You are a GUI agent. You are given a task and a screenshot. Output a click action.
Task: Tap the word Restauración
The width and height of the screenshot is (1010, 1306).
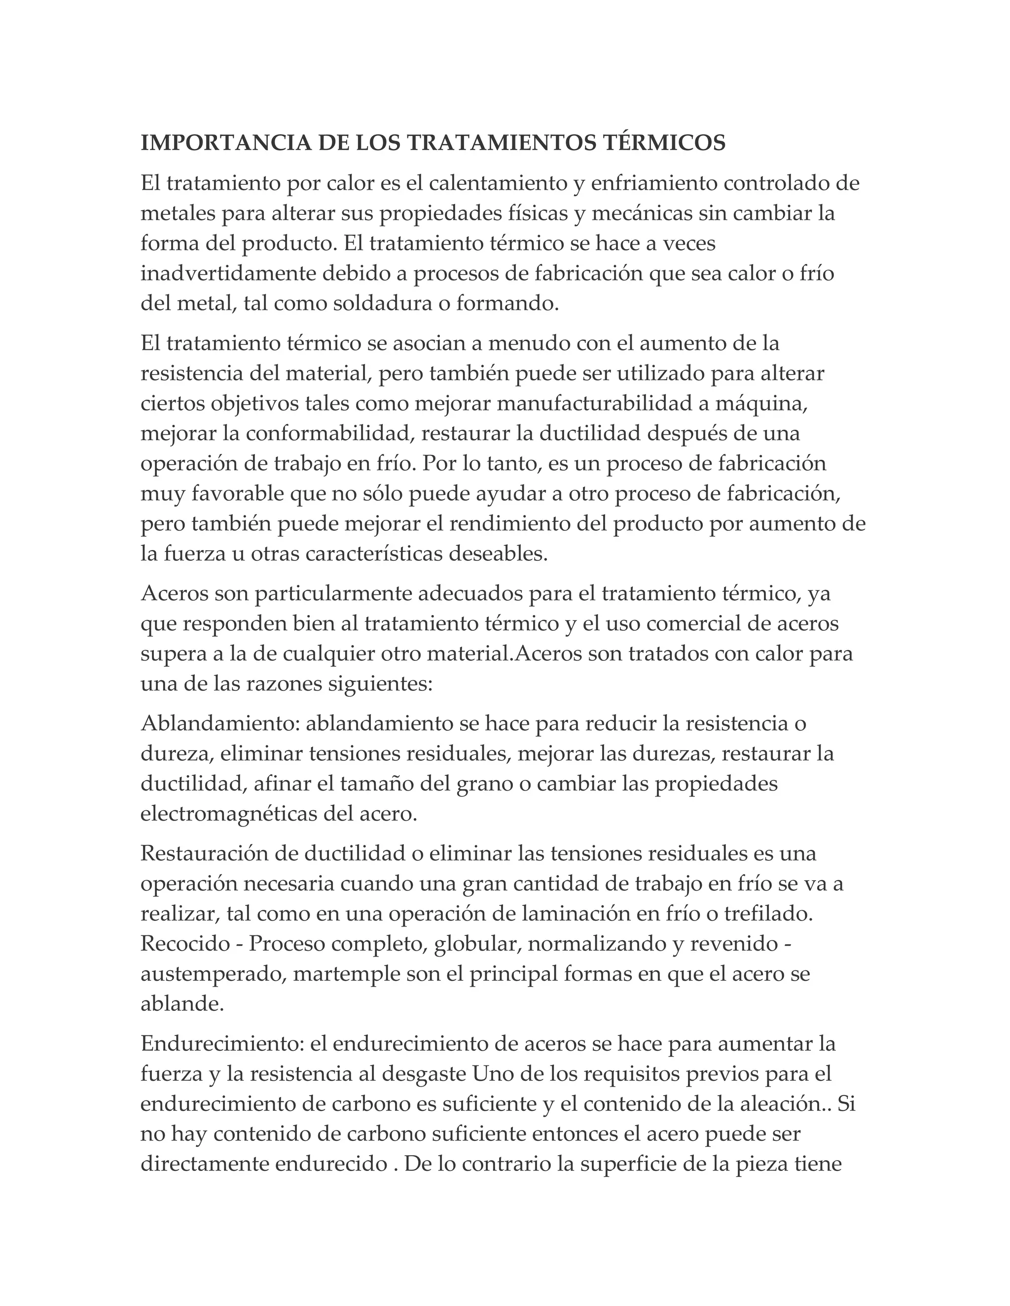[205, 853]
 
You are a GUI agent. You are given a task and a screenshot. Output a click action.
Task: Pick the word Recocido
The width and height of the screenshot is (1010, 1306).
[185, 944]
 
